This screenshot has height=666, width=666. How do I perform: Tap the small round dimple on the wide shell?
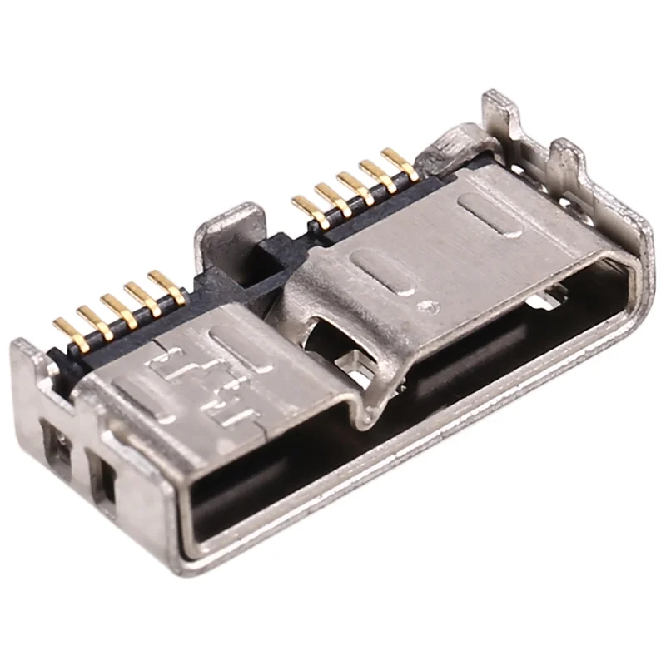[429, 307]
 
